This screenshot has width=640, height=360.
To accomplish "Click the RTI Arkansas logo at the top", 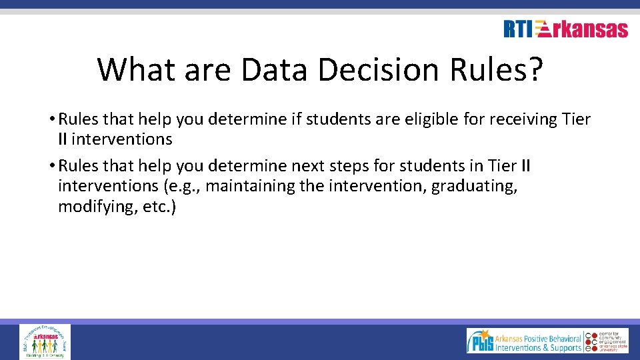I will click(565, 29).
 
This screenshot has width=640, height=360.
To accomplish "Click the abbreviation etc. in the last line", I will click(157, 207).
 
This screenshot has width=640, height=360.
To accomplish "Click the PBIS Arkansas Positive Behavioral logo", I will click(524, 341).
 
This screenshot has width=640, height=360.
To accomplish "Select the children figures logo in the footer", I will click(45, 341).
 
